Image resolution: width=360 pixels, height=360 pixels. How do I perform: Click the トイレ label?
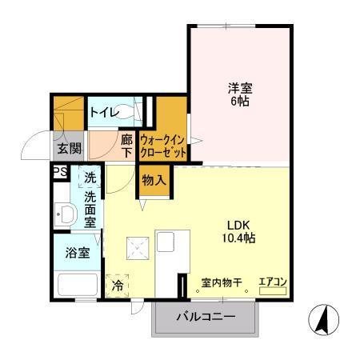pyautogui.click(x=106, y=113)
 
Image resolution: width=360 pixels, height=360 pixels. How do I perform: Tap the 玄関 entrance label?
pyautogui.click(x=69, y=148)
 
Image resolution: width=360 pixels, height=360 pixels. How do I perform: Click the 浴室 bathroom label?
pyautogui.click(x=77, y=251)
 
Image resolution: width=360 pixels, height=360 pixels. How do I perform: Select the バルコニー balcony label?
pyautogui.click(x=206, y=318)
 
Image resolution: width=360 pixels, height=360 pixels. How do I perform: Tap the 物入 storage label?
pyautogui.click(x=154, y=180)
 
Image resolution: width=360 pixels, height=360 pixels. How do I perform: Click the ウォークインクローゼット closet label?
pyautogui.click(x=163, y=145)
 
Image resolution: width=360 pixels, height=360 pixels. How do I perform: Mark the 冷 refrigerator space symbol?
pyautogui.click(x=118, y=285)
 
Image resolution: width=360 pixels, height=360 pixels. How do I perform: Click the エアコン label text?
pyautogui.click(x=272, y=282)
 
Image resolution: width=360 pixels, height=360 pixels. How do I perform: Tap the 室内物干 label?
pyautogui.click(x=223, y=282)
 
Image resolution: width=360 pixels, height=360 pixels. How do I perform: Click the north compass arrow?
pyautogui.click(x=324, y=321)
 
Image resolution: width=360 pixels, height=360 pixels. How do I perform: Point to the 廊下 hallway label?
pyautogui.click(x=126, y=146)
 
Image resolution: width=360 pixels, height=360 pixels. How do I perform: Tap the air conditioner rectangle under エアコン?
pyautogui.click(x=272, y=292)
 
